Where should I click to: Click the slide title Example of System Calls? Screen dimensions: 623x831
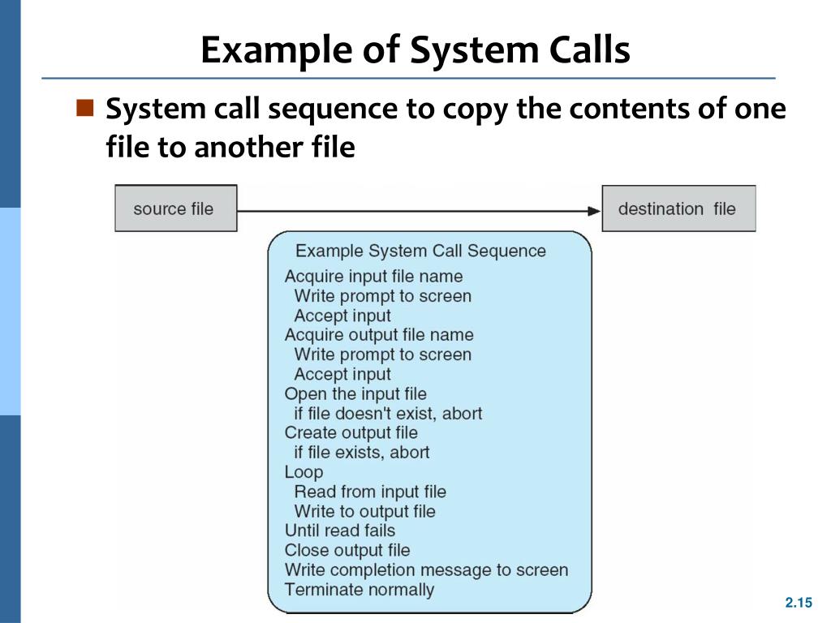pyautogui.click(x=415, y=50)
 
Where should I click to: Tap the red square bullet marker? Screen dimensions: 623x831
pyautogui.click(x=85, y=107)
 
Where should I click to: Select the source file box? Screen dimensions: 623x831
pyautogui.click(x=176, y=208)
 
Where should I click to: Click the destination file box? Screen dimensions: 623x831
pyautogui.click(x=678, y=208)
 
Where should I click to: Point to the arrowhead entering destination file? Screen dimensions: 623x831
pyautogui.click(x=593, y=210)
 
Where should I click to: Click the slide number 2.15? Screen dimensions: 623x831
pyautogui.click(x=798, y=602)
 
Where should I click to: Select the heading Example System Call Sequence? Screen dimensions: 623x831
pyautogui.click(x=420, y=251)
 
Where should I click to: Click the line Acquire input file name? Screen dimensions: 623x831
pyautogui.click(x=373, y=277)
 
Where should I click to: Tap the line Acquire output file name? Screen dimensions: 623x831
pyautogui.click(x=378, y=335)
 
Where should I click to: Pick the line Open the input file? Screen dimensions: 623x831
pyautogui.click(x=355, y=393)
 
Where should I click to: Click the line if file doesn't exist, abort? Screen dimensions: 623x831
pyautogui.click(x=387, y=414)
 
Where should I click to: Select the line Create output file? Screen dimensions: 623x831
pyautogui.click(x=351, y=432)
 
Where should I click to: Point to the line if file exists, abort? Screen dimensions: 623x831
pyautogui.click(x=361, y=452)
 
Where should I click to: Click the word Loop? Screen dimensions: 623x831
pyautogui.click(x=304, y=471)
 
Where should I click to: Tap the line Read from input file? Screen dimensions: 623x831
pyautogui.click(x=369, y=492)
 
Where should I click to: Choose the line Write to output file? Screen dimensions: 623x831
pyautogui.click(x=364, y=511)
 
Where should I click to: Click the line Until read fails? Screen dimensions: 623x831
pyautogui.click(x=339, y=531)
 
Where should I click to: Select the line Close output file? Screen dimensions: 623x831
pyautogui.click(x=347, y=550)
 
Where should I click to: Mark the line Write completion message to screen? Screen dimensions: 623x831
pyautogui.click(x=426, y=570)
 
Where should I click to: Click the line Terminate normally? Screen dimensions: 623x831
pyautogui.click(x=359, y=590)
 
